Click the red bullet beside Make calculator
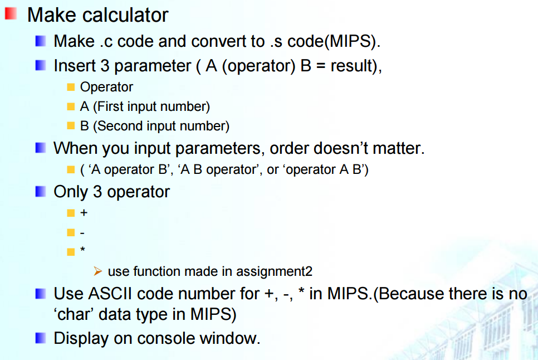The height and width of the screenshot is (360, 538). click(x=10, y=14)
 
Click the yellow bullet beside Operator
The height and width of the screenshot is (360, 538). click(x=70, y=87)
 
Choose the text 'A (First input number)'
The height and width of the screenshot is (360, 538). click(x=145, y=106)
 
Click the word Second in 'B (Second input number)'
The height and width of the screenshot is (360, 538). click(x=116, y=126)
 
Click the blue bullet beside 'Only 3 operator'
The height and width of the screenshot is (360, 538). click(x=40, y=192)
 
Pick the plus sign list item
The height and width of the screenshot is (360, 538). click(x=84, y=213)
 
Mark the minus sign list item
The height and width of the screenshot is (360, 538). click(x=82, y=232)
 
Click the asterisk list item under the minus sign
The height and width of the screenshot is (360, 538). click(x=83, y=250)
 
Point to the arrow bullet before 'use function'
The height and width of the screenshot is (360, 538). click(x=98, y=271)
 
